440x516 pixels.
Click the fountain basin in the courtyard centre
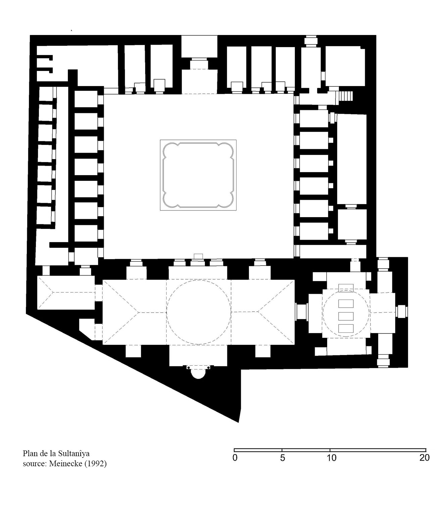click(198, 175)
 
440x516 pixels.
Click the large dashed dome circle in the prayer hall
click(198, 312)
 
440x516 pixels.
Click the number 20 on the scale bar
click(424, 458)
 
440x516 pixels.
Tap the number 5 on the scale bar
click(282, 458)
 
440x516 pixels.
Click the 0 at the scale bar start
click(235, 458)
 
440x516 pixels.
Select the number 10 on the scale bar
click(332, 458)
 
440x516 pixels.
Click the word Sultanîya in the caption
click(74, 453)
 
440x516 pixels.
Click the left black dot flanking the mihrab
click(188, 368)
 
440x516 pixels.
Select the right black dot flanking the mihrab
click(208, 368)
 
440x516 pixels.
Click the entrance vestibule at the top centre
click(199, 46)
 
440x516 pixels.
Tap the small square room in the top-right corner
click(345, 67)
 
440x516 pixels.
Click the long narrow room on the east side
click(352, 159)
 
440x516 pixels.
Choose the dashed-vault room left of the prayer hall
click(66, 292)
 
